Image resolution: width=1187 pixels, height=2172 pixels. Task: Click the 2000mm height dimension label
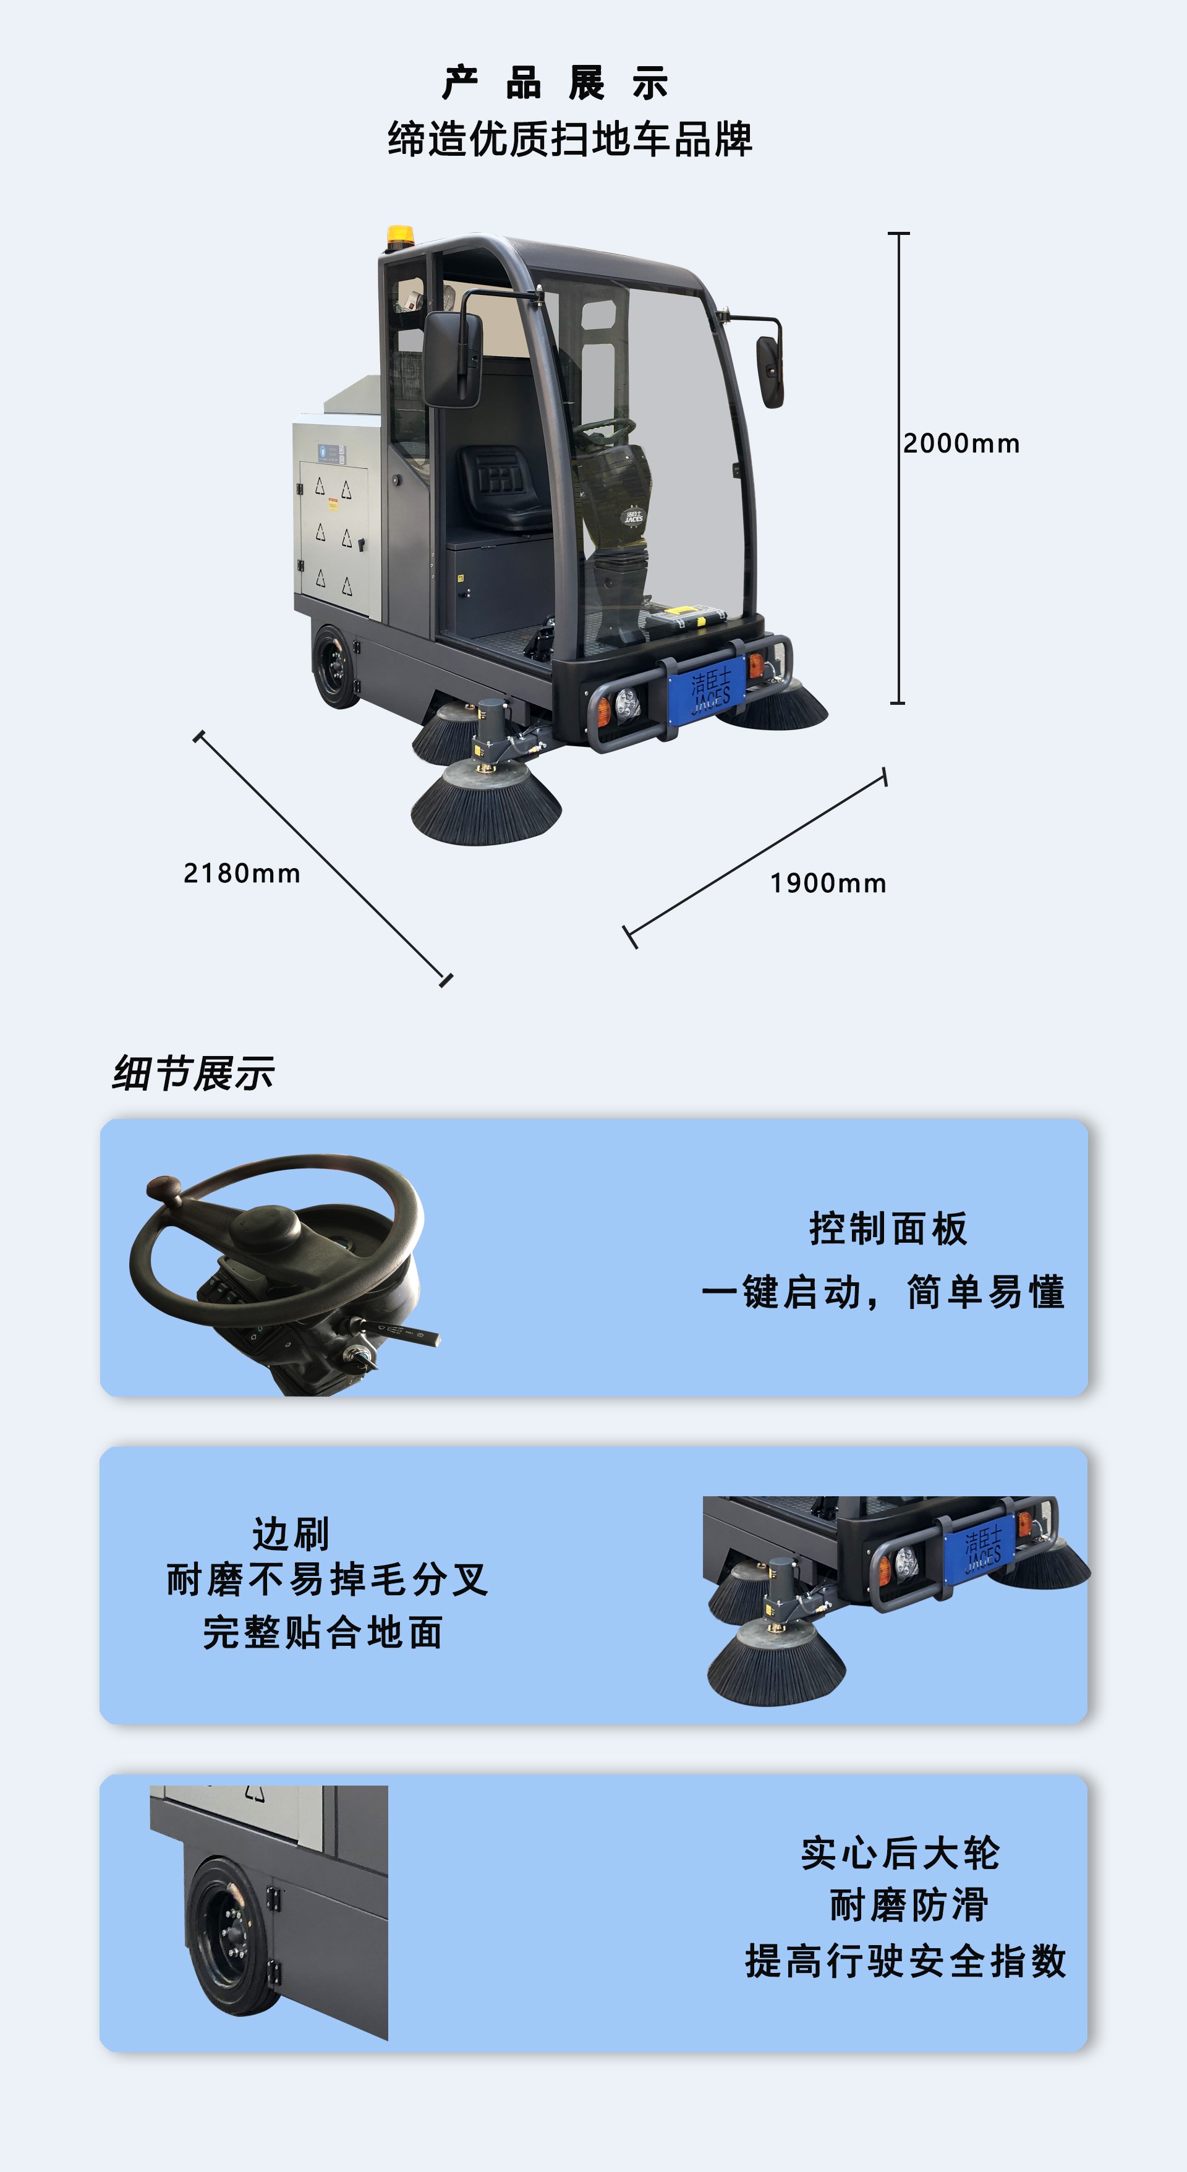pyautogui.click(x=961, y=443)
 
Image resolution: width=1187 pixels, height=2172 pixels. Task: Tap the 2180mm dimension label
pyautogui.click(x=242, y=874)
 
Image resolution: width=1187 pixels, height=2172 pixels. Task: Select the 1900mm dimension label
pyautogui.click(x=828, y=884)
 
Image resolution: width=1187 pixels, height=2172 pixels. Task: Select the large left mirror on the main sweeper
pyautogui.click(x=453, y=359)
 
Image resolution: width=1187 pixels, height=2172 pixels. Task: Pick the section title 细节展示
pyautogui.click(x=193, y=1073)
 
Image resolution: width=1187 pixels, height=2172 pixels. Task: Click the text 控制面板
pyautogui.click(x=888, y=1229)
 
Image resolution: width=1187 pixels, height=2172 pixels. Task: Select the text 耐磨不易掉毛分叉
pyautogui.click(x=327, y=1579)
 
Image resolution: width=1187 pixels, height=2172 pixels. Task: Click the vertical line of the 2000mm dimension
pyautogui.click(x=899, y=548)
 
